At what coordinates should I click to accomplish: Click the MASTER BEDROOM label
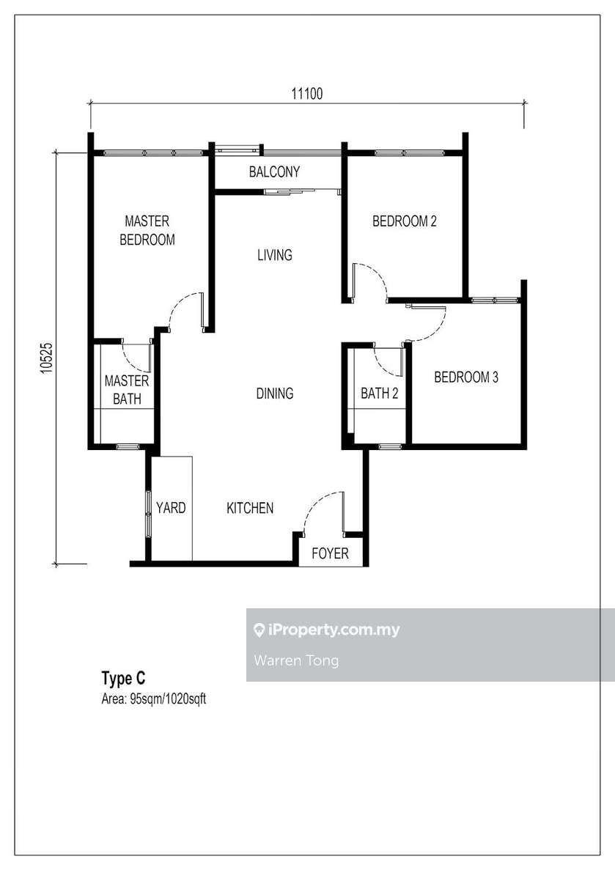point(147,230)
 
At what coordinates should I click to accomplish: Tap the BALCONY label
point(274,172)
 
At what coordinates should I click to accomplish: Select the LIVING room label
point(275,255)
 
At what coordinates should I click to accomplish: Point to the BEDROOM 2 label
point(405,221)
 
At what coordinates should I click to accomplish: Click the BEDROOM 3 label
point(466,377)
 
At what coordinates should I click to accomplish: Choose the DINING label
point(275,394)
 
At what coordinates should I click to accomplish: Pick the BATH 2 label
point(380,394)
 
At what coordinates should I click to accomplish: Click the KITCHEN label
point(250,508)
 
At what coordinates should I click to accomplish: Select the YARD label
point(171,508)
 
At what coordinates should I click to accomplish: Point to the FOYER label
point(331,553)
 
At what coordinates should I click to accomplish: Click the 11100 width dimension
point(307,93)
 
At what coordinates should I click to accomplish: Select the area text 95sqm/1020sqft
point(154,699)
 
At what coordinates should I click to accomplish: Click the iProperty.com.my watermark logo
point(327,630)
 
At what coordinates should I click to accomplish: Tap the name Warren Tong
point(296,660)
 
